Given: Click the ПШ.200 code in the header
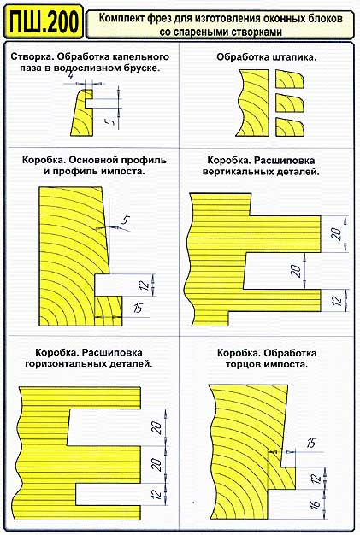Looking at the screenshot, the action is click(44, 21).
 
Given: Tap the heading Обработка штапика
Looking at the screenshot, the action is click(266, 57).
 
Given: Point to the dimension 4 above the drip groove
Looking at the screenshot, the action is click(70, 76).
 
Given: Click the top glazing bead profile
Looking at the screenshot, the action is click(289, 79).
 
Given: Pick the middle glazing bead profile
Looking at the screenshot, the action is click(289, 103).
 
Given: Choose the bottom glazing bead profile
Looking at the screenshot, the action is click(289, 127).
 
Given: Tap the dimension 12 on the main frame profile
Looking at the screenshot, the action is click(145, 285).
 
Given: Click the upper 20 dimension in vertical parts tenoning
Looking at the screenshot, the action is click(336, 233).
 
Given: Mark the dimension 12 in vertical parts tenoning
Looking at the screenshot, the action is click(336, 300).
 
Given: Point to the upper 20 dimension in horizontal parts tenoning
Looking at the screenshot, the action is click(156, 427).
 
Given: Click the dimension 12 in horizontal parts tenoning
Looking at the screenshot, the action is click(156, 494).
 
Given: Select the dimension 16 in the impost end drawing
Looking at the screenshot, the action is click(316, 503).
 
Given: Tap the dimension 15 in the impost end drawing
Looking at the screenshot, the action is click(311, 444).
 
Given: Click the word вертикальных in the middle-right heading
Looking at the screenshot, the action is click(237, 172).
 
